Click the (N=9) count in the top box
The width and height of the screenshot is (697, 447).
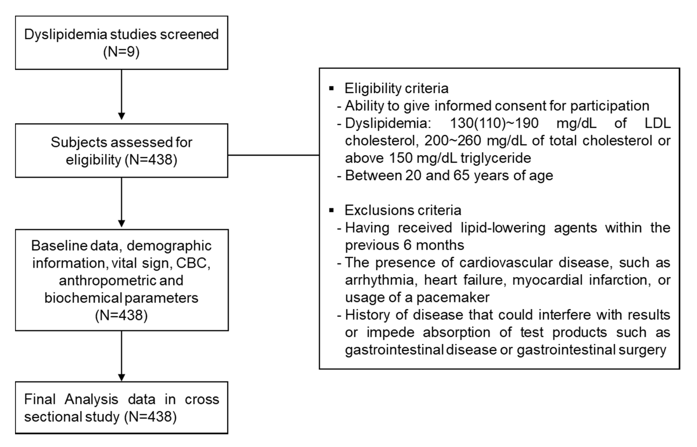coord(121,52)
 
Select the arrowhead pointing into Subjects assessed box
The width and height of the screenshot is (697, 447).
coord(122,116)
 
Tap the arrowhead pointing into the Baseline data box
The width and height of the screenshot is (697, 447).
coord(122,223)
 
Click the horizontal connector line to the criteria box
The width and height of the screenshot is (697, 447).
coord(273,155)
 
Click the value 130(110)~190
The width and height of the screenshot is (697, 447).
coord(494,123)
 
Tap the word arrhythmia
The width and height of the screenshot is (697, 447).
coord(379,280)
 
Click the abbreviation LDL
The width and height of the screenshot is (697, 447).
coord(658,123)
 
